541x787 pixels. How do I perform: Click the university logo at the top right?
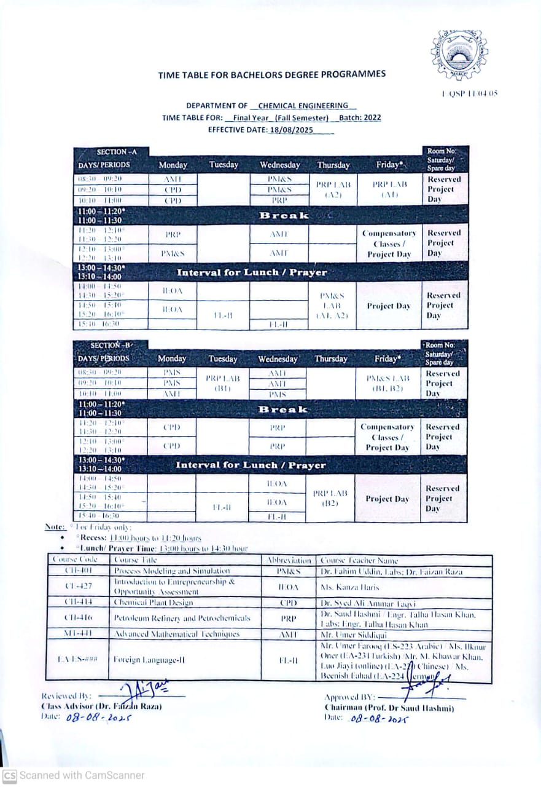pos(459,55)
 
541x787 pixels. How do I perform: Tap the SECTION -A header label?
pos(112,152)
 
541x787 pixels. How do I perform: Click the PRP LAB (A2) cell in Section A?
pos(333,189)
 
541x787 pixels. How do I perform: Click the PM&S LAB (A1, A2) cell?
pos(333,306)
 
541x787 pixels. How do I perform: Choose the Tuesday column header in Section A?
pos(223,165)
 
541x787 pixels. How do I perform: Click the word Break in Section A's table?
pos(284,215)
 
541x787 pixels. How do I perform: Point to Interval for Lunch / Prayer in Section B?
pos(251,465)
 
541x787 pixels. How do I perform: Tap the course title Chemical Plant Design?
pos(154,603)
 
